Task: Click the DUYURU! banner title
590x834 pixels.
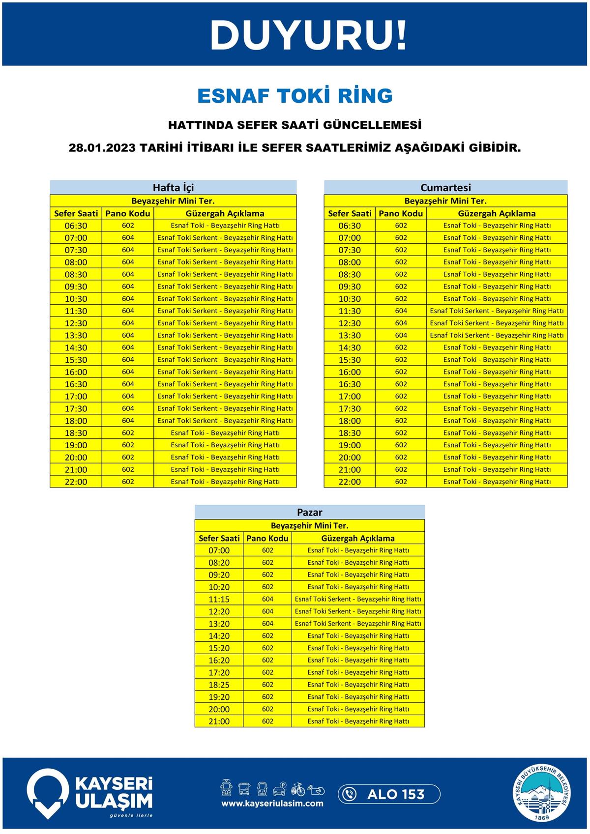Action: [308, 35]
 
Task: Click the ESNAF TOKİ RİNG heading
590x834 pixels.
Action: [295, 96]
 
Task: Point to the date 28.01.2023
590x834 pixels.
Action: [102, 147]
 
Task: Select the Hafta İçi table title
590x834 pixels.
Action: [173, 187]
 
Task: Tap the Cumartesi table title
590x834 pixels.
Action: [445, 187]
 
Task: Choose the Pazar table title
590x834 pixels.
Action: [309, 512]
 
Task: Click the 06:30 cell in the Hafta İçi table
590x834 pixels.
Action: [76, 226]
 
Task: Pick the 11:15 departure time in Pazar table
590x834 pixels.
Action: [219, 599]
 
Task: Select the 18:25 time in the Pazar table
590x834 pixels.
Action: [219, 685]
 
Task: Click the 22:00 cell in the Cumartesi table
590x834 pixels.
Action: [350, 482]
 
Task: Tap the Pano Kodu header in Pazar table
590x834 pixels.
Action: [267, 538]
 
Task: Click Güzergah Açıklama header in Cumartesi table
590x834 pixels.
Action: [497, 213]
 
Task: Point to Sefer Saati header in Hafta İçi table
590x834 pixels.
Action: [76, 213]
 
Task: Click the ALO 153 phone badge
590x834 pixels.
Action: [388, 794]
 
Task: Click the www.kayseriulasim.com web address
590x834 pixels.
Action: [272, 804]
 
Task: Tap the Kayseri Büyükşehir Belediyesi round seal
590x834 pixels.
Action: [543, 793]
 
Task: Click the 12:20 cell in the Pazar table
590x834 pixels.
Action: [219, 611]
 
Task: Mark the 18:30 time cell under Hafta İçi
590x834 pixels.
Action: [76, 433]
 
